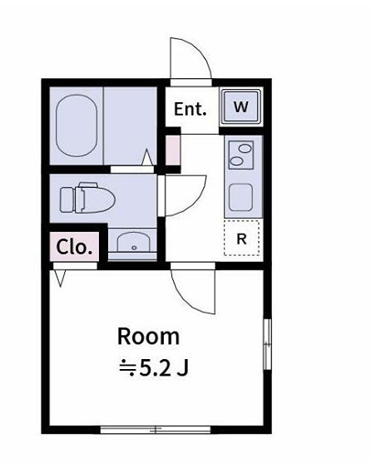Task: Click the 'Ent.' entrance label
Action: click(x=190, y=109)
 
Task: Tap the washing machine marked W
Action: click(x=241, y=107)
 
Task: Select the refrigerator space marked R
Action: click(x=242, y=239)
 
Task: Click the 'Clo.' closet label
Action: click(x=74, y=246)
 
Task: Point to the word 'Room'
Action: click(x=148, y=337)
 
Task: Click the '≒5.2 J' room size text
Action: click(x=151, y=367)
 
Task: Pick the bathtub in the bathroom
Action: click(x=78, y=128)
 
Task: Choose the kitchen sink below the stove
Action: click(x=242, y=197)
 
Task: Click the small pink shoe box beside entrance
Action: click(x=172, y=149)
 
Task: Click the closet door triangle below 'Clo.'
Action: click(x=60, y=278)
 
